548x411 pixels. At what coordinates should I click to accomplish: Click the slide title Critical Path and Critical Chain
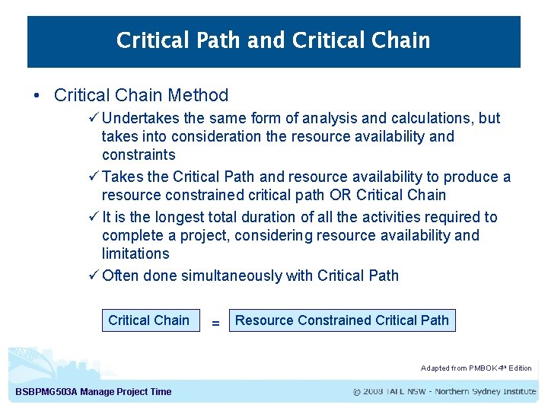point(273,40)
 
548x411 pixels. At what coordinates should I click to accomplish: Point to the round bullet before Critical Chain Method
point(37,96)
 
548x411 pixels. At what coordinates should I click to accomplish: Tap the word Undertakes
point(139,118)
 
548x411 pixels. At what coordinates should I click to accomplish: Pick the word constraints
point(139,155)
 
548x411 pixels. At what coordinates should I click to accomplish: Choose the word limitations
point(135,253)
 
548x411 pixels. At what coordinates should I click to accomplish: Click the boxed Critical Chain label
point(149,320)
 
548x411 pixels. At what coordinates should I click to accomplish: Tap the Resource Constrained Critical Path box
point(342,320)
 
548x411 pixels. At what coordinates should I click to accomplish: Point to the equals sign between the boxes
point(215,323)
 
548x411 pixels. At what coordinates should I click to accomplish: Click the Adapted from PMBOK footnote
point(476,368)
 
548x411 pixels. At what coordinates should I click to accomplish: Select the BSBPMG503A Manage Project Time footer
point(94,392)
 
